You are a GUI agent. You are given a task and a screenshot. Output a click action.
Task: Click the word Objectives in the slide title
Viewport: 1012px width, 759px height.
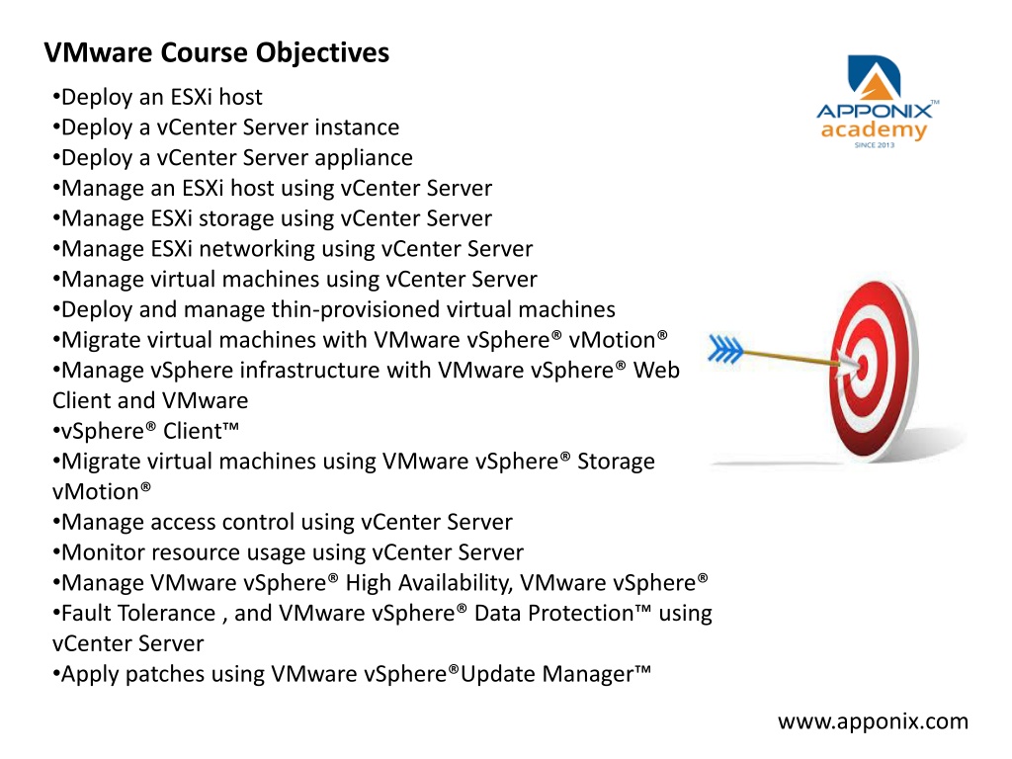(322, 53)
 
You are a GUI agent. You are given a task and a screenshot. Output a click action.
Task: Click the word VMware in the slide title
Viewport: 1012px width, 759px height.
(99, 52)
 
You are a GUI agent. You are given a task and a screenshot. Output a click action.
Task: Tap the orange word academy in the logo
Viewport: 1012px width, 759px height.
(874, 130)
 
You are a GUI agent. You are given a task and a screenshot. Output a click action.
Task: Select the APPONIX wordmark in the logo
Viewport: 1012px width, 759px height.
(875, 111)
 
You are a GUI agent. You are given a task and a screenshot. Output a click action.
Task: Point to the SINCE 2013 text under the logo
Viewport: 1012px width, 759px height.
(875, 145)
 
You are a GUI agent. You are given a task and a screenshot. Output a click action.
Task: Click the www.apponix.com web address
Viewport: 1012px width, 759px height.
(873, 720)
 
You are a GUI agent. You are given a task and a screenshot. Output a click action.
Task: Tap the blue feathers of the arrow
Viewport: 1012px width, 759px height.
(725, 349)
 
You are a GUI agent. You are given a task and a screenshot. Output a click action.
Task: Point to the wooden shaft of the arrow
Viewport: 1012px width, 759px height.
(791, 358)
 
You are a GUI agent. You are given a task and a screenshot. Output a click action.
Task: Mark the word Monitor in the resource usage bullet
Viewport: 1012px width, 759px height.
(103, 552)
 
